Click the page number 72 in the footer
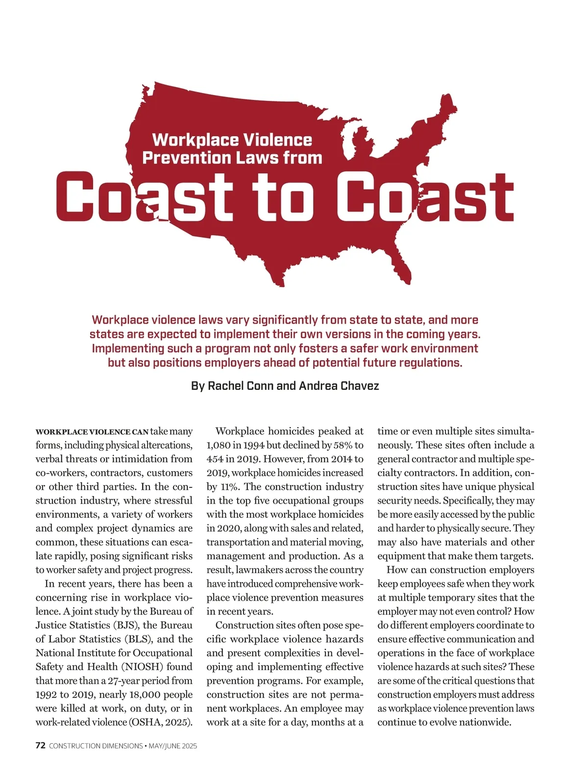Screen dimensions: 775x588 (x=41, y=746)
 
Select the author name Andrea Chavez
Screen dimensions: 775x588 (x=339, y=386)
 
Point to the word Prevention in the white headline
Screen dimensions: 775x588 (x=186, y=158)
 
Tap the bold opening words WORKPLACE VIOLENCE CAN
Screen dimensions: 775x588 (x=92, y=432)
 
